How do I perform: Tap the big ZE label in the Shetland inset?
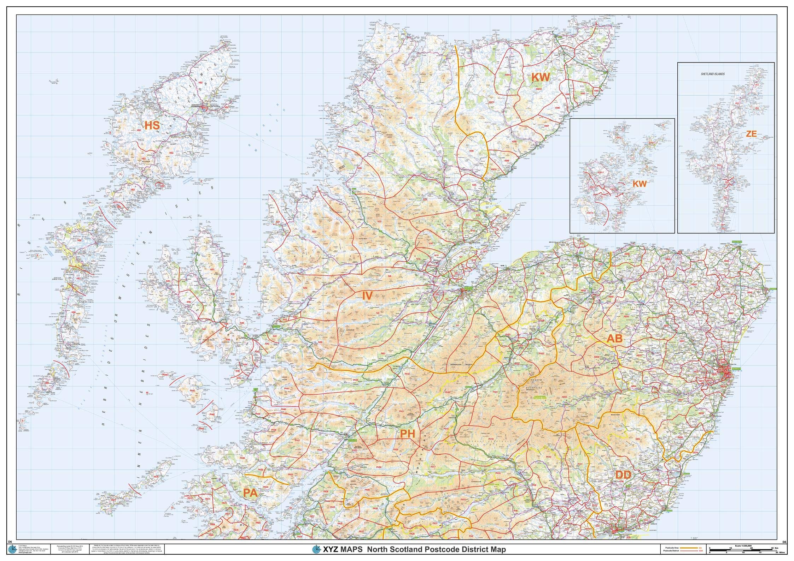tap(751, 134)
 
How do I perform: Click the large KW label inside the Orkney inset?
tap(639, 184)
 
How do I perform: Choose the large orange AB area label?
tap(614, 339)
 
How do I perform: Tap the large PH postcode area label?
tap(407, 434)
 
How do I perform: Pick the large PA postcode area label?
tap(250, 493)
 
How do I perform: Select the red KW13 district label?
tap(508, 75)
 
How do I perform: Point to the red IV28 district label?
tap(471, 151)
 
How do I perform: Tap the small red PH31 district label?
tap(401, 411)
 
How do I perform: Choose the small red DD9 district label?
tap(637, 439)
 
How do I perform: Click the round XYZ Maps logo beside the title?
tap(316, 549)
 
